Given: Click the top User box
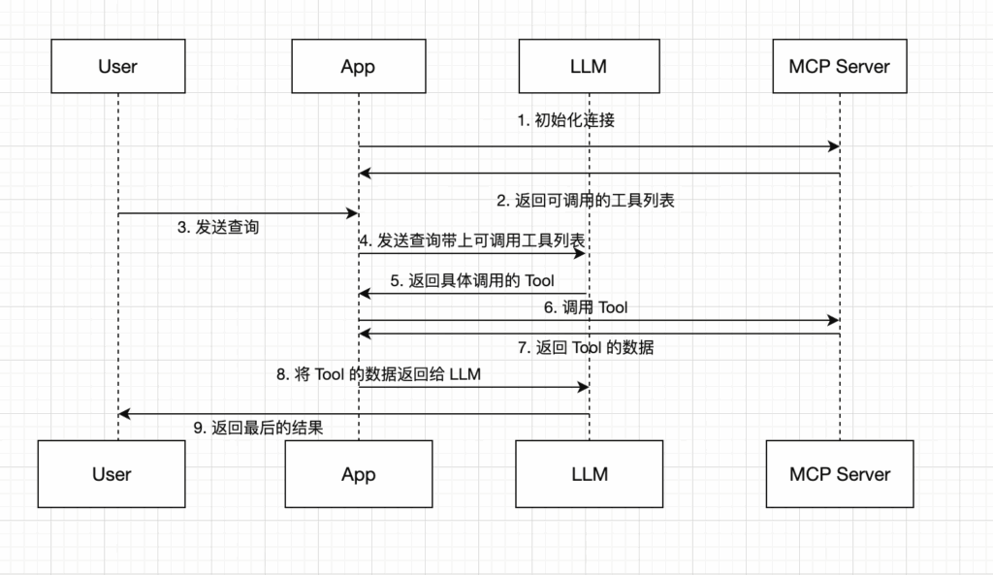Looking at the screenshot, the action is click(118, 67).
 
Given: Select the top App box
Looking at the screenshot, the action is click(359, 67).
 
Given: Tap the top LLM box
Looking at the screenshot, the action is click(589, 67).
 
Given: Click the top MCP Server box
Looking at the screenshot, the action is click(840, 67).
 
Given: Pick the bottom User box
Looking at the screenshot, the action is click(112, 474).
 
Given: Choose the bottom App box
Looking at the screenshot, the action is click(359, 474).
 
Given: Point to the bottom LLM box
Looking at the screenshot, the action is click(589, 474).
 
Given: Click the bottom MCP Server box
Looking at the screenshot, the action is click(840, 474).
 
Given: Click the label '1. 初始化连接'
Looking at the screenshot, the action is click(566, 120).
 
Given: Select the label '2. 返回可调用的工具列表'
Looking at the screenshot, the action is click(586, 201).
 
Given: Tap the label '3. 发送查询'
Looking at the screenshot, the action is click(218, 227).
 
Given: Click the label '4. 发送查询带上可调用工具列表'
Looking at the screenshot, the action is click(472, 240).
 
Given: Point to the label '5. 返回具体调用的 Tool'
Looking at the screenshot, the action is click(472, 280).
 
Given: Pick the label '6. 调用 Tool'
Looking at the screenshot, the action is click(586, 307).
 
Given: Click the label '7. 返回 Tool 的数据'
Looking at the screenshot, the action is click(586, 348).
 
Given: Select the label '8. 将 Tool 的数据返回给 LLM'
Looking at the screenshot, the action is click(379, 374).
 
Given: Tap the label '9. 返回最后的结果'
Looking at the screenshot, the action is click(258, 428).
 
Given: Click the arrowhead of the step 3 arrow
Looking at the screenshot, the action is click(352, 213).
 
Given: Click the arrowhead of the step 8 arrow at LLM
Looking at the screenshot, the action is click(583, 387).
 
